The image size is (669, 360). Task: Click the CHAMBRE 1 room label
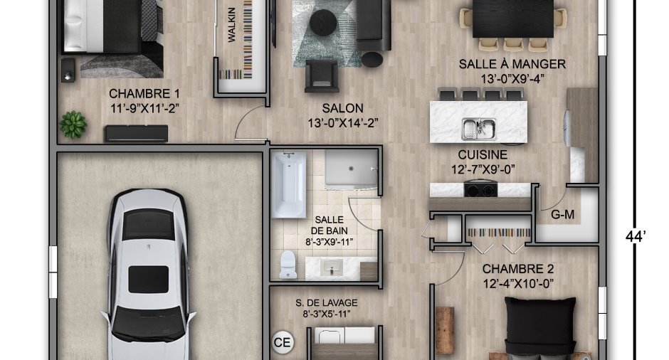click(144, 93)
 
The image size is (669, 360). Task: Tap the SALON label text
click(342, 108)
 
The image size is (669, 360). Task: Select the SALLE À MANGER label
click(512, 64)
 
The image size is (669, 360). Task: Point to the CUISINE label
click(483, 154)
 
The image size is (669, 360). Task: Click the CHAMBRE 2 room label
click(518, 269)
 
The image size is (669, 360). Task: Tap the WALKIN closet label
click(232, 25)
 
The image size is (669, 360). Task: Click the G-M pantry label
click(562, 215)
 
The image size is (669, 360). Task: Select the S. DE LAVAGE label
click(327, 303)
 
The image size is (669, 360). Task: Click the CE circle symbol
click(283, 342)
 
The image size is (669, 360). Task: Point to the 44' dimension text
click(636, 236)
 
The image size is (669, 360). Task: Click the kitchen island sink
click(479, 129)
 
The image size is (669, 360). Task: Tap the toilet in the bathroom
click(288, 265)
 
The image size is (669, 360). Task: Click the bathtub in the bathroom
click(289, 185)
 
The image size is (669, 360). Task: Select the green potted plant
click(73, 125)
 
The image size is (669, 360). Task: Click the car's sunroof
click(149, 280)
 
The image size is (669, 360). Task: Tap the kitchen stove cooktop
click(481, 189)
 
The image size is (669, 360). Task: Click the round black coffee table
click(323, 21)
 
